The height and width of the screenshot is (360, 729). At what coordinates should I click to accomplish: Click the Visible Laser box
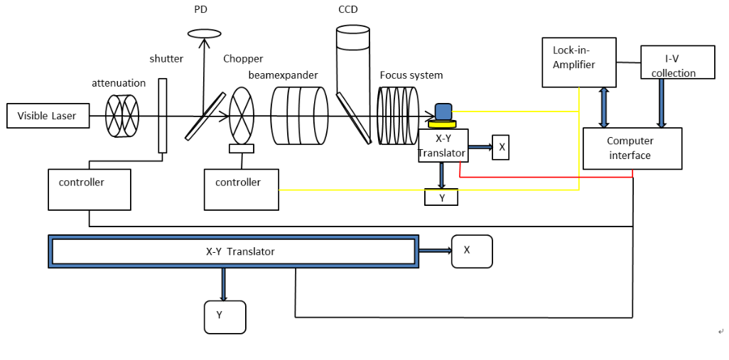tap(48, 116)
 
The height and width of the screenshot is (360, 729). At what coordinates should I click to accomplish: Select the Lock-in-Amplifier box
tap(579, 62)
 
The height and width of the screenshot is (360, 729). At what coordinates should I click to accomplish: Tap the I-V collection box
tap(677, 62)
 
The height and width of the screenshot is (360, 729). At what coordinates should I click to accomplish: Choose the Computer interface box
tap(632, 148)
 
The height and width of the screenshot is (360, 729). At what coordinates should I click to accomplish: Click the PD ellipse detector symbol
tap(204, 33)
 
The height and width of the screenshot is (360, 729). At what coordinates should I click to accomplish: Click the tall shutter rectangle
tap(162, 115)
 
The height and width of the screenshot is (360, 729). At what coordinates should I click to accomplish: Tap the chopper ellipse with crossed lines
tap(242, 116)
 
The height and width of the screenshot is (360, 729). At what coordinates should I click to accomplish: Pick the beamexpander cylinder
tap(299, 116)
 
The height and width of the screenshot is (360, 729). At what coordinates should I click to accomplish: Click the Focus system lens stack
tap(398, 116)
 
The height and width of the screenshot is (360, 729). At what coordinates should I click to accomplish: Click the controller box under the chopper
tap(242, 190)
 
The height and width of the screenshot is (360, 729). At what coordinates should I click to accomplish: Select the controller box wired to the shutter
tap(90, 190)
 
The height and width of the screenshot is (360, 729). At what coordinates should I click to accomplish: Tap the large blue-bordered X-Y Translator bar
tap(233, 251)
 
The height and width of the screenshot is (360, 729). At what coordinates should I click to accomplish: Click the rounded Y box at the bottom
tap(225, 317)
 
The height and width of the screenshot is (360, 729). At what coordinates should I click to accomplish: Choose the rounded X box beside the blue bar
tap(472, 251)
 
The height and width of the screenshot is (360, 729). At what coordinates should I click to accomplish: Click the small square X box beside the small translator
tap(501, 147)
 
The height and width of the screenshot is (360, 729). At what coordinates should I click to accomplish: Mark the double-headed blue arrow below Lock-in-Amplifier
tap(604, 107)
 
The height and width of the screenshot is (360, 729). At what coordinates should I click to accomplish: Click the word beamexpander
tap(283, 75)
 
